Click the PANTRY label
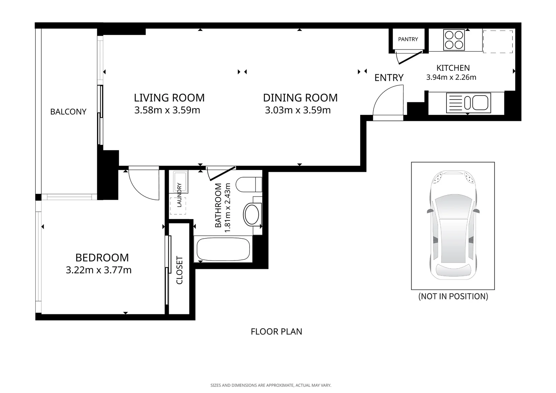tap(408, 39)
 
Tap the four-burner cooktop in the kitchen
tap(454, 40)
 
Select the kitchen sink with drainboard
tap(468, 103)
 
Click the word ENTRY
tap(389, 78)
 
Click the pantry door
tap(410, 57)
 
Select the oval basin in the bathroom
tap(252, 214)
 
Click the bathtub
tap(223, 249)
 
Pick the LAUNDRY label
tap(179, 195)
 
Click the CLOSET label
tap(179, 270)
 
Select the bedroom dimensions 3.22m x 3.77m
tap(99, 270)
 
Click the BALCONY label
tap(68, 112)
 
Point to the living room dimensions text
tap(167, 110)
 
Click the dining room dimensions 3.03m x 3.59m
tap(298, 110)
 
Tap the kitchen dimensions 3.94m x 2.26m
tap(451, 77)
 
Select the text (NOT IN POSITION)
tap(453, 296)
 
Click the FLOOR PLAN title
tap(276, 332)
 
